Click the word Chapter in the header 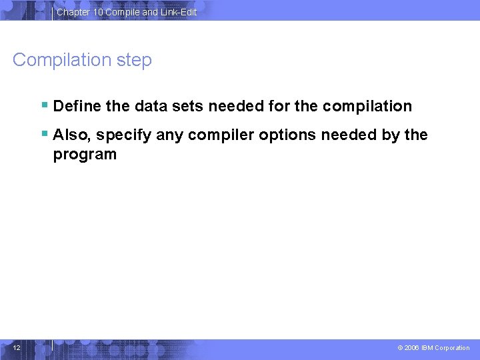tap(73, 12)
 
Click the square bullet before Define tap(44, 105)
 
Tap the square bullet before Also tap(44, 134)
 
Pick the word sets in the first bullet tap(187, 106)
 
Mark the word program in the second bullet tap(85, 155)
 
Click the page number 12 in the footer tap(17, 347)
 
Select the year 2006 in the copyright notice tap(412, 348)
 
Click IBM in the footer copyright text tap(427, 348)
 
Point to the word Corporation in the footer tap(453, 348)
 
